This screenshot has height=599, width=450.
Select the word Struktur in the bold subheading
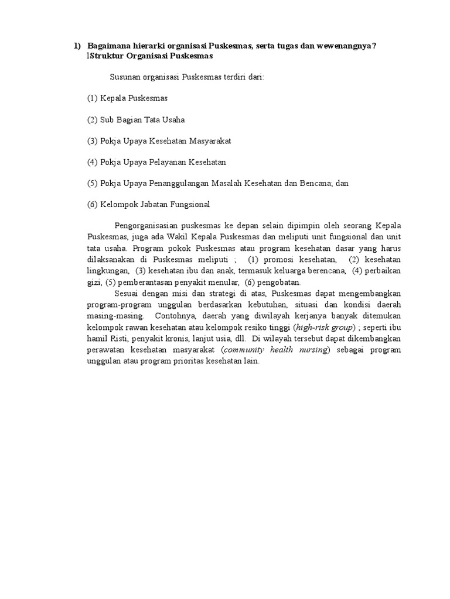click(105, 56)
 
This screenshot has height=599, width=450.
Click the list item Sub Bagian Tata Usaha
click(136, 119)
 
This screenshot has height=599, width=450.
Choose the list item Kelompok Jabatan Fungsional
click(148, 204)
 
